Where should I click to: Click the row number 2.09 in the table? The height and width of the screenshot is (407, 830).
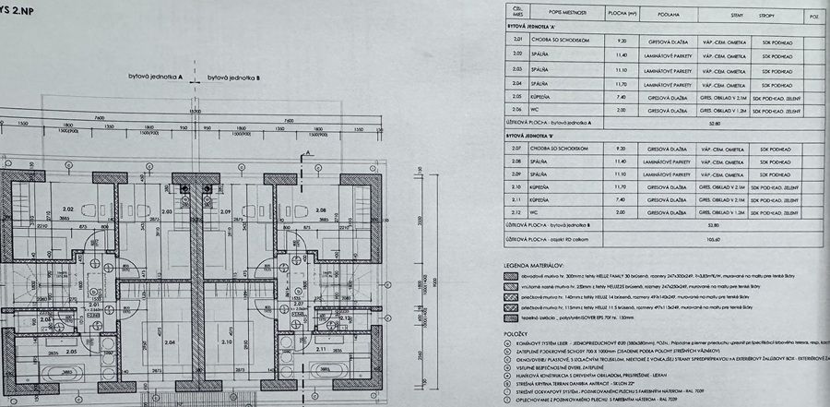click(x=517, y=174)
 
